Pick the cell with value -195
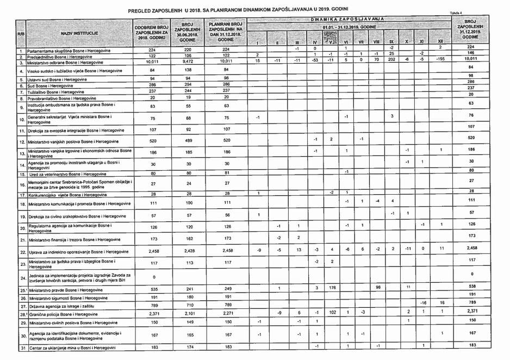tap(441, 60)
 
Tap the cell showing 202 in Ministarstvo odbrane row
tap(391, 60)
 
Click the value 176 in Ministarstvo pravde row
tap(331, 288)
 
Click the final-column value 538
tap(472, 286)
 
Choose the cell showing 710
tap(186, 306)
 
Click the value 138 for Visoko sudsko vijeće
tap(186, 70)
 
